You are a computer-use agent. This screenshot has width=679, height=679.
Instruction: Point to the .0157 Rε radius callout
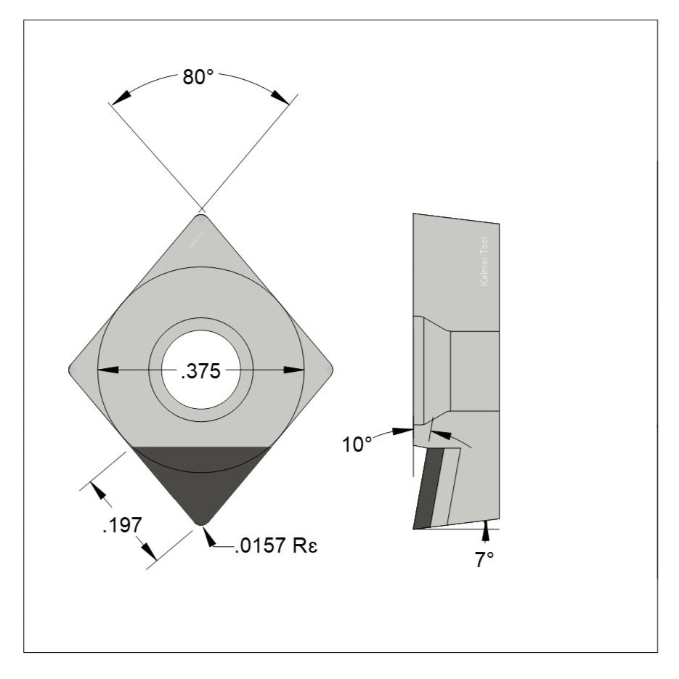(276, 546)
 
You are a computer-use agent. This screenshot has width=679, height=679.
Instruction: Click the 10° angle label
(357, 444)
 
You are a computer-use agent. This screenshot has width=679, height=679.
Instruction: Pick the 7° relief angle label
(484, 560)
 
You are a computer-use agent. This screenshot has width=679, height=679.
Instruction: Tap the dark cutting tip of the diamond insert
(200, 487)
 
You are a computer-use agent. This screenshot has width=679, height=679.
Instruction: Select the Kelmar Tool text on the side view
(485, 262)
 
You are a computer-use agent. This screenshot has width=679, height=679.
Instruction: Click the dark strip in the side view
(426, 489)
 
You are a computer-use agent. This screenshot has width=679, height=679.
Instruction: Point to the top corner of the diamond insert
(201, 217)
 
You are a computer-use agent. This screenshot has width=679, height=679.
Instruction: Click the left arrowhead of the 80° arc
(121, 97)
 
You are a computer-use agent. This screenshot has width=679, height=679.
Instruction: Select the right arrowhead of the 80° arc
(280, 96)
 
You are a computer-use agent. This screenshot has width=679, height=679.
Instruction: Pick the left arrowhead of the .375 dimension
(107, 370)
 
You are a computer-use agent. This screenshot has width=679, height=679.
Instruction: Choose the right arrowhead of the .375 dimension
(294, 370)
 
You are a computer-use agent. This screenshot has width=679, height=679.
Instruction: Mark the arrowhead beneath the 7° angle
(485, 534)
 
